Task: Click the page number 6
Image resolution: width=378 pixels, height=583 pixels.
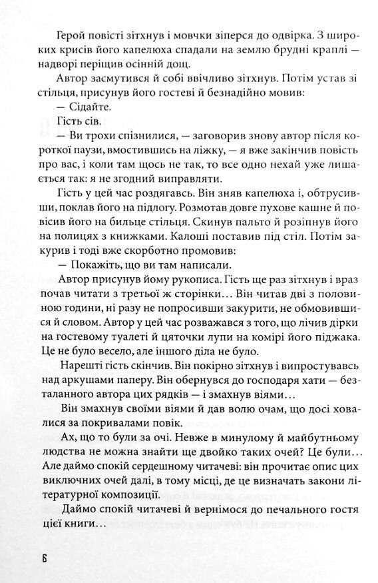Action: [x=43, y=558]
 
